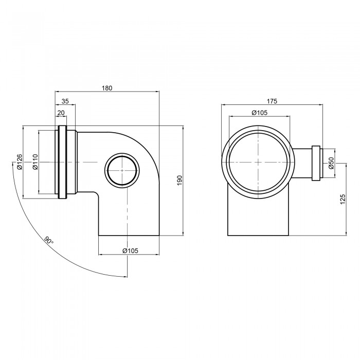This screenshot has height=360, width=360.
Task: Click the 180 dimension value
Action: coord(106,88)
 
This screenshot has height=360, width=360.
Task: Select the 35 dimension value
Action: coord(65,101)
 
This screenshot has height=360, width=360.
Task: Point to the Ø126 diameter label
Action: coord(19,161)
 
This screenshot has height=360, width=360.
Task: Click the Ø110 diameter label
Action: coord(34,162)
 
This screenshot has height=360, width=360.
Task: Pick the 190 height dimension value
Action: coord(180,181)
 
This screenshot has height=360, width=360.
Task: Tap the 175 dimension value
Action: coord(273,101)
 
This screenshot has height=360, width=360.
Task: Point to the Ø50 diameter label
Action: coord(331,163)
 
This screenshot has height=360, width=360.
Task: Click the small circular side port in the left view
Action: coord(122,170)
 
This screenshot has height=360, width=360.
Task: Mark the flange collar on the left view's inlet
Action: coord(62,162)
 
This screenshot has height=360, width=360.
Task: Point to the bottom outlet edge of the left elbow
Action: coord(129,236)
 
